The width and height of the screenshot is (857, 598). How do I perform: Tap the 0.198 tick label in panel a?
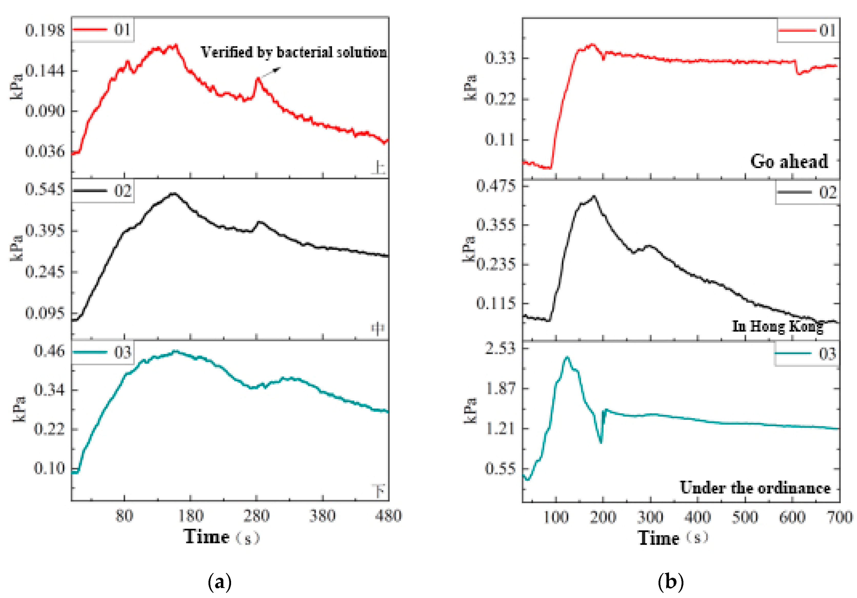(x=45, y=30)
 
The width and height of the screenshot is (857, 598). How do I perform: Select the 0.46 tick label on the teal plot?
(x=49, y=351)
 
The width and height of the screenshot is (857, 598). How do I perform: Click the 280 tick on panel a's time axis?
(x=256, y=516)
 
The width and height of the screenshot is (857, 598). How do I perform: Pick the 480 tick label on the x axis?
(x=388, y=516)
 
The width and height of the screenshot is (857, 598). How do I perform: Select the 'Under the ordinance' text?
(x=755, y=488)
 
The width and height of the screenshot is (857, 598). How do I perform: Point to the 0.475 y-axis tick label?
(x=496, y=186)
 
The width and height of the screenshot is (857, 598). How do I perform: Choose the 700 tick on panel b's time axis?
(x=840, y=518)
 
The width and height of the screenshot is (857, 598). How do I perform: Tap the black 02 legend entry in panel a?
(x=103, y=191)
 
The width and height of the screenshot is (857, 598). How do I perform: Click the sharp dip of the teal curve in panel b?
(x=601, y=442)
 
